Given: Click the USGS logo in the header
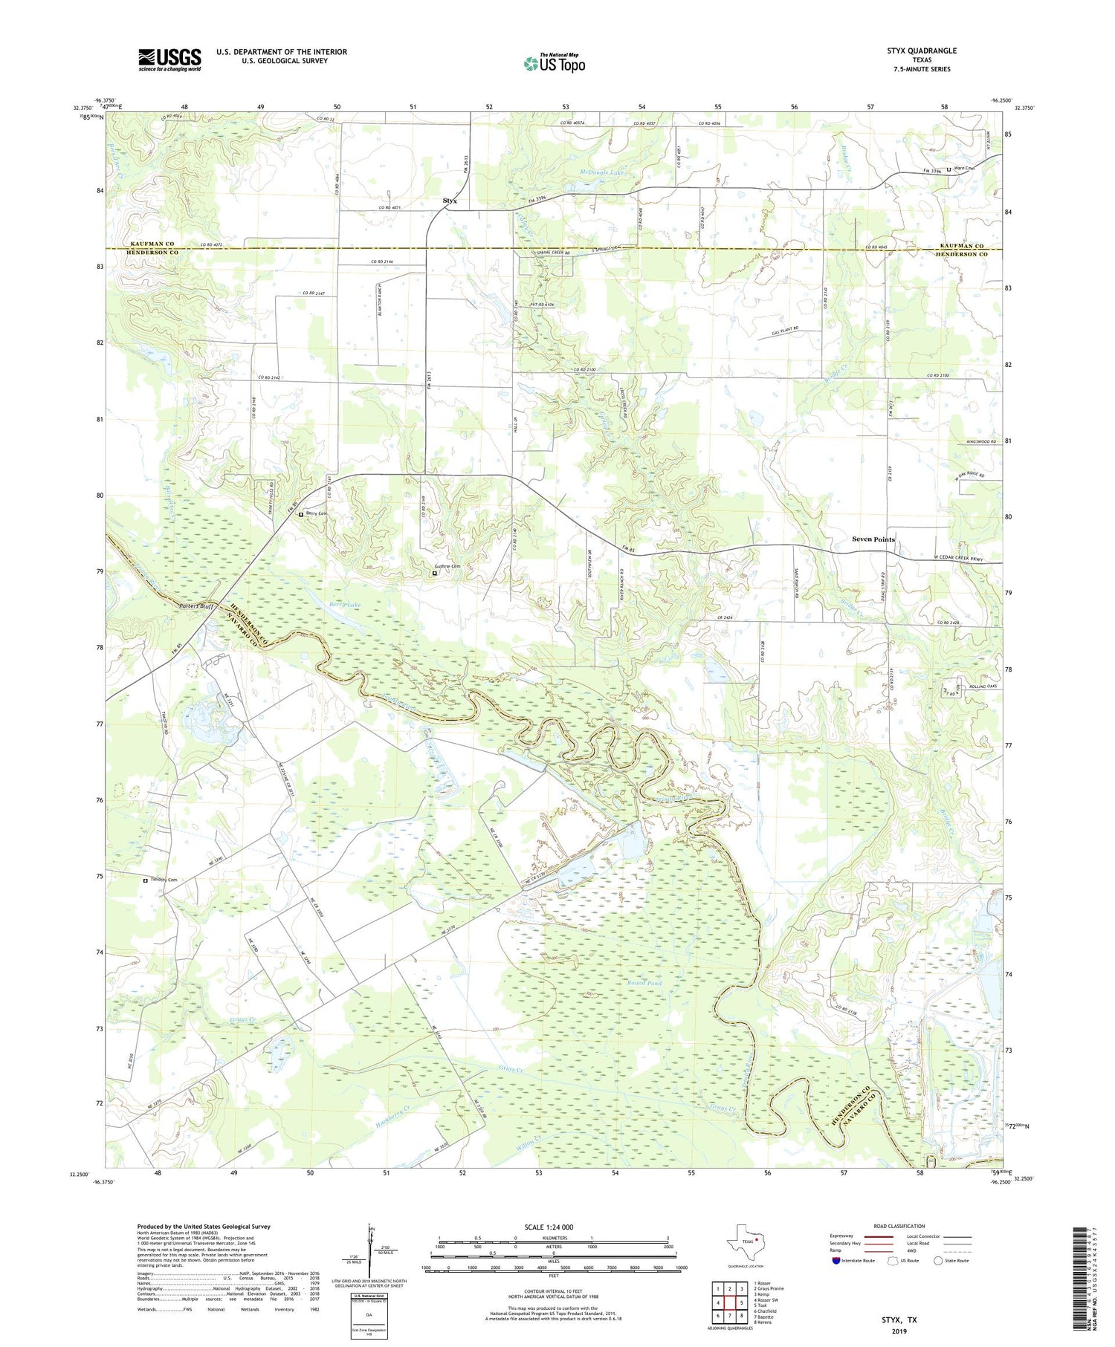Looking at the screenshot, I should [169, 59].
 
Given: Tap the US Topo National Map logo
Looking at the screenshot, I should [554, 64].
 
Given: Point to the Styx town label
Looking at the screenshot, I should [450, 201].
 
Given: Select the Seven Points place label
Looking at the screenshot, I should [873, 539].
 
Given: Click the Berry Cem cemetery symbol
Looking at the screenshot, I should [301, 514].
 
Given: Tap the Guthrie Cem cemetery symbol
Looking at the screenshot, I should [435, 573].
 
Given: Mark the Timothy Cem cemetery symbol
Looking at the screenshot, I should [146, 880].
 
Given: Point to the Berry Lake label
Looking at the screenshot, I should [345, 606].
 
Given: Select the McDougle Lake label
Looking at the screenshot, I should [603, 172].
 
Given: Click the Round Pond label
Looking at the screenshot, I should [644, 983].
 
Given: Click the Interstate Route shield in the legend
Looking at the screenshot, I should [836, 1261].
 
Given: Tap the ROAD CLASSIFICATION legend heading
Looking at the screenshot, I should [899, 1227].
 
